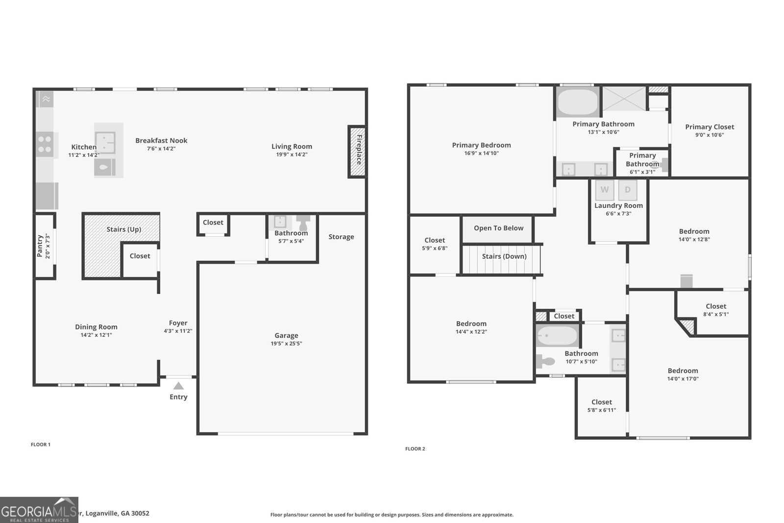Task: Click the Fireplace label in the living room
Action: coord(359,150)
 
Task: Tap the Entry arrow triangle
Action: coord(178,386)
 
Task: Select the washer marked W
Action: coord(605,190)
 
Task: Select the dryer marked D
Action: coord(628,190)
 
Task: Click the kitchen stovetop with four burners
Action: coord(45,144)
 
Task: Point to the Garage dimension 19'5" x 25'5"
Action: coord(286,344)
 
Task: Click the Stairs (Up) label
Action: coord(124,229)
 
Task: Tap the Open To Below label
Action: coord(498,228)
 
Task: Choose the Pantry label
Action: coord(40,246)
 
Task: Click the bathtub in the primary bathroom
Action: coord(578,102)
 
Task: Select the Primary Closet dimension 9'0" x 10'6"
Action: coord(710,135)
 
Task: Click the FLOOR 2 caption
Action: coord(415,449)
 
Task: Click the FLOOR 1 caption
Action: coord(41,445)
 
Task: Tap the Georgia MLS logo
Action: coord(39,510)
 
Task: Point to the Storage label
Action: coord(341,237)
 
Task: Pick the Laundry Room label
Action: coord(618,205)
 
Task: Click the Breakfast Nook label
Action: coord(161,140)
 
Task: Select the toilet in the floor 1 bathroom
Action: coord(303,223)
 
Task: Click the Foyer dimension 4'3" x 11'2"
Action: coord(178,331)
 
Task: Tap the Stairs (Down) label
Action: coord(504,256)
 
